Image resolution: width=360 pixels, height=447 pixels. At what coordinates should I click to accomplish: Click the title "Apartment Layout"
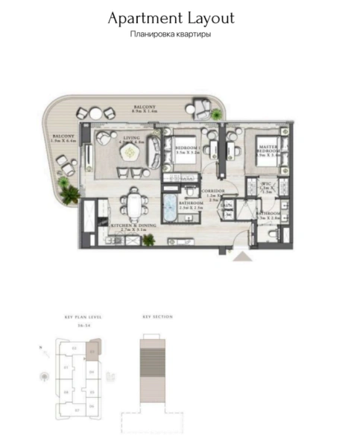click(171, 18)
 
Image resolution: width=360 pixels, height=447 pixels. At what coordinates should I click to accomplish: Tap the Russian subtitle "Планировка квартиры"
click(171, 34)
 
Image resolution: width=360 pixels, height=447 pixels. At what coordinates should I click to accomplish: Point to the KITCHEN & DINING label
click(132, 226)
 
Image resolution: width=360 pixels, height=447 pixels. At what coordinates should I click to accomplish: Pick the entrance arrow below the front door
click(244, 257)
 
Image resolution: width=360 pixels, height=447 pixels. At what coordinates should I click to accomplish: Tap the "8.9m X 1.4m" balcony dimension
click(145, 112)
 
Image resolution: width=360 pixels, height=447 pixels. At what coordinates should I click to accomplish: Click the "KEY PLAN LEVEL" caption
click(83, 317)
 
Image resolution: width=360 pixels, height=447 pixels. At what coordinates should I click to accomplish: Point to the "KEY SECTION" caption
click(157, 317)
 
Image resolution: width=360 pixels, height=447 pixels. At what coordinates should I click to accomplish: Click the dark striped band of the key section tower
click(157, 366)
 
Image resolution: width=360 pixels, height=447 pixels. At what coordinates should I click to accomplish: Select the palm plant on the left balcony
click(70, 195)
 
